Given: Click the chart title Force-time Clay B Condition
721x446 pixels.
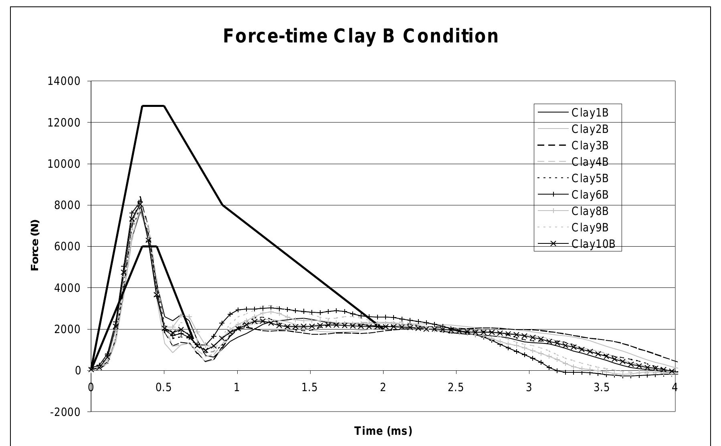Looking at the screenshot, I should [361, 36].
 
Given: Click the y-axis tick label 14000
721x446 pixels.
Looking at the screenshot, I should [64, 81].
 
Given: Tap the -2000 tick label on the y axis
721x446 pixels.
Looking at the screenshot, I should [65, 412].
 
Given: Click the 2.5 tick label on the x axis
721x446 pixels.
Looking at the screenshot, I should [456, 388].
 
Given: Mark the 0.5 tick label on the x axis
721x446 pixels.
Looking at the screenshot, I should [164, 388].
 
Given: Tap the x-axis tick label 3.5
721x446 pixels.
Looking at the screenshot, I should [602, 388].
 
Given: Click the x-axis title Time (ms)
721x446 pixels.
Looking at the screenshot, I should [383, 431].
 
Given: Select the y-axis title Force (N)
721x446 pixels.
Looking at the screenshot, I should [35, 245].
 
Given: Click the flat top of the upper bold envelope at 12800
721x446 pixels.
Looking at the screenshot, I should [153, 106].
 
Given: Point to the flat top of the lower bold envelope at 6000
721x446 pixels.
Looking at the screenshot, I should [149, 246].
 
